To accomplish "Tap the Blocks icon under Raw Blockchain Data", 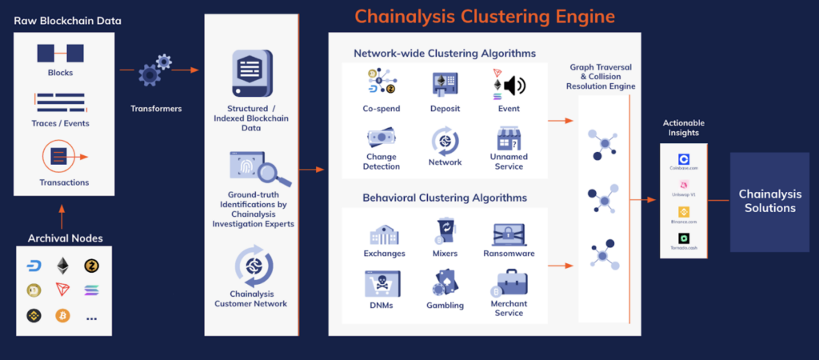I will tap(60, 54).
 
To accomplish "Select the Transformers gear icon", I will tap(156, 70).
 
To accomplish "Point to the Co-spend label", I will tap(382, 109).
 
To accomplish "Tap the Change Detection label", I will tap(382, 162).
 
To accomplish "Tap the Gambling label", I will tap(445, 306).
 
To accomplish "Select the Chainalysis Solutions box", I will tap(766, 202).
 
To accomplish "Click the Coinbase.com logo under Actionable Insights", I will tap(684, 159).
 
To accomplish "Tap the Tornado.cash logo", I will tap(684, 238).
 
